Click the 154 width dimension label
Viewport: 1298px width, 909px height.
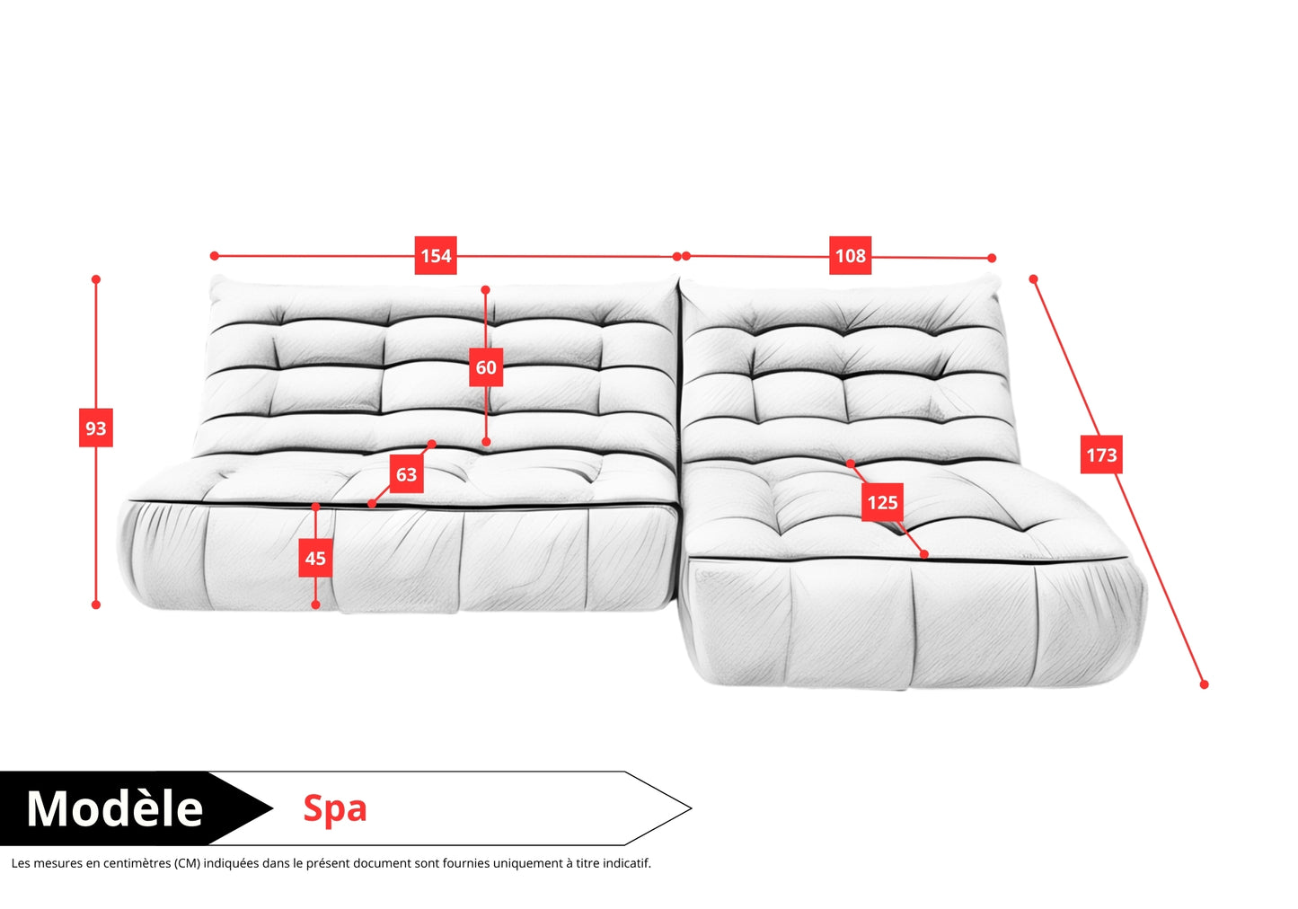pos(436,255)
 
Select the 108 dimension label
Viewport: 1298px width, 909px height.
pos(850,255)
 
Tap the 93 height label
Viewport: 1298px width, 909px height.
pos(95,428)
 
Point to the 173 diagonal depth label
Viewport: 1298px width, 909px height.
pos(1101,454)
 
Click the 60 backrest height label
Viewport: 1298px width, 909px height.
pos(486,367)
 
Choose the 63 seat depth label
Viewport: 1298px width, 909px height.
pos(406,474)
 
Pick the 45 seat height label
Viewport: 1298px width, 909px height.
pos(315,559)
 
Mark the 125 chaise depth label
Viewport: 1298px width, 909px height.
pos(882,502)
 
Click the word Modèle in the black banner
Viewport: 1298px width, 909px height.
pos(115,808)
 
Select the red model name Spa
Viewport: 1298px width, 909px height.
pos(335,809)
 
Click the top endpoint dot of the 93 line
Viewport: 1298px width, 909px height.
pos(96,279)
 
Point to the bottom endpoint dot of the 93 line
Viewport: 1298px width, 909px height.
pos(96,605)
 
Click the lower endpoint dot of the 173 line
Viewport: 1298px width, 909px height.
pos(1204,684)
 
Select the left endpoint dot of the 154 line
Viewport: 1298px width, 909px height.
pos(215,255)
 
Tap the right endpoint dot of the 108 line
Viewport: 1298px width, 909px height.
pos(992,258)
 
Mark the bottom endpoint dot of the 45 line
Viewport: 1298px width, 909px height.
pos(315,605)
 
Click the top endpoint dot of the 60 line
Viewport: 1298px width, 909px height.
pos(486,289)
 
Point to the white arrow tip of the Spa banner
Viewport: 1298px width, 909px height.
pos(691,808)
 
